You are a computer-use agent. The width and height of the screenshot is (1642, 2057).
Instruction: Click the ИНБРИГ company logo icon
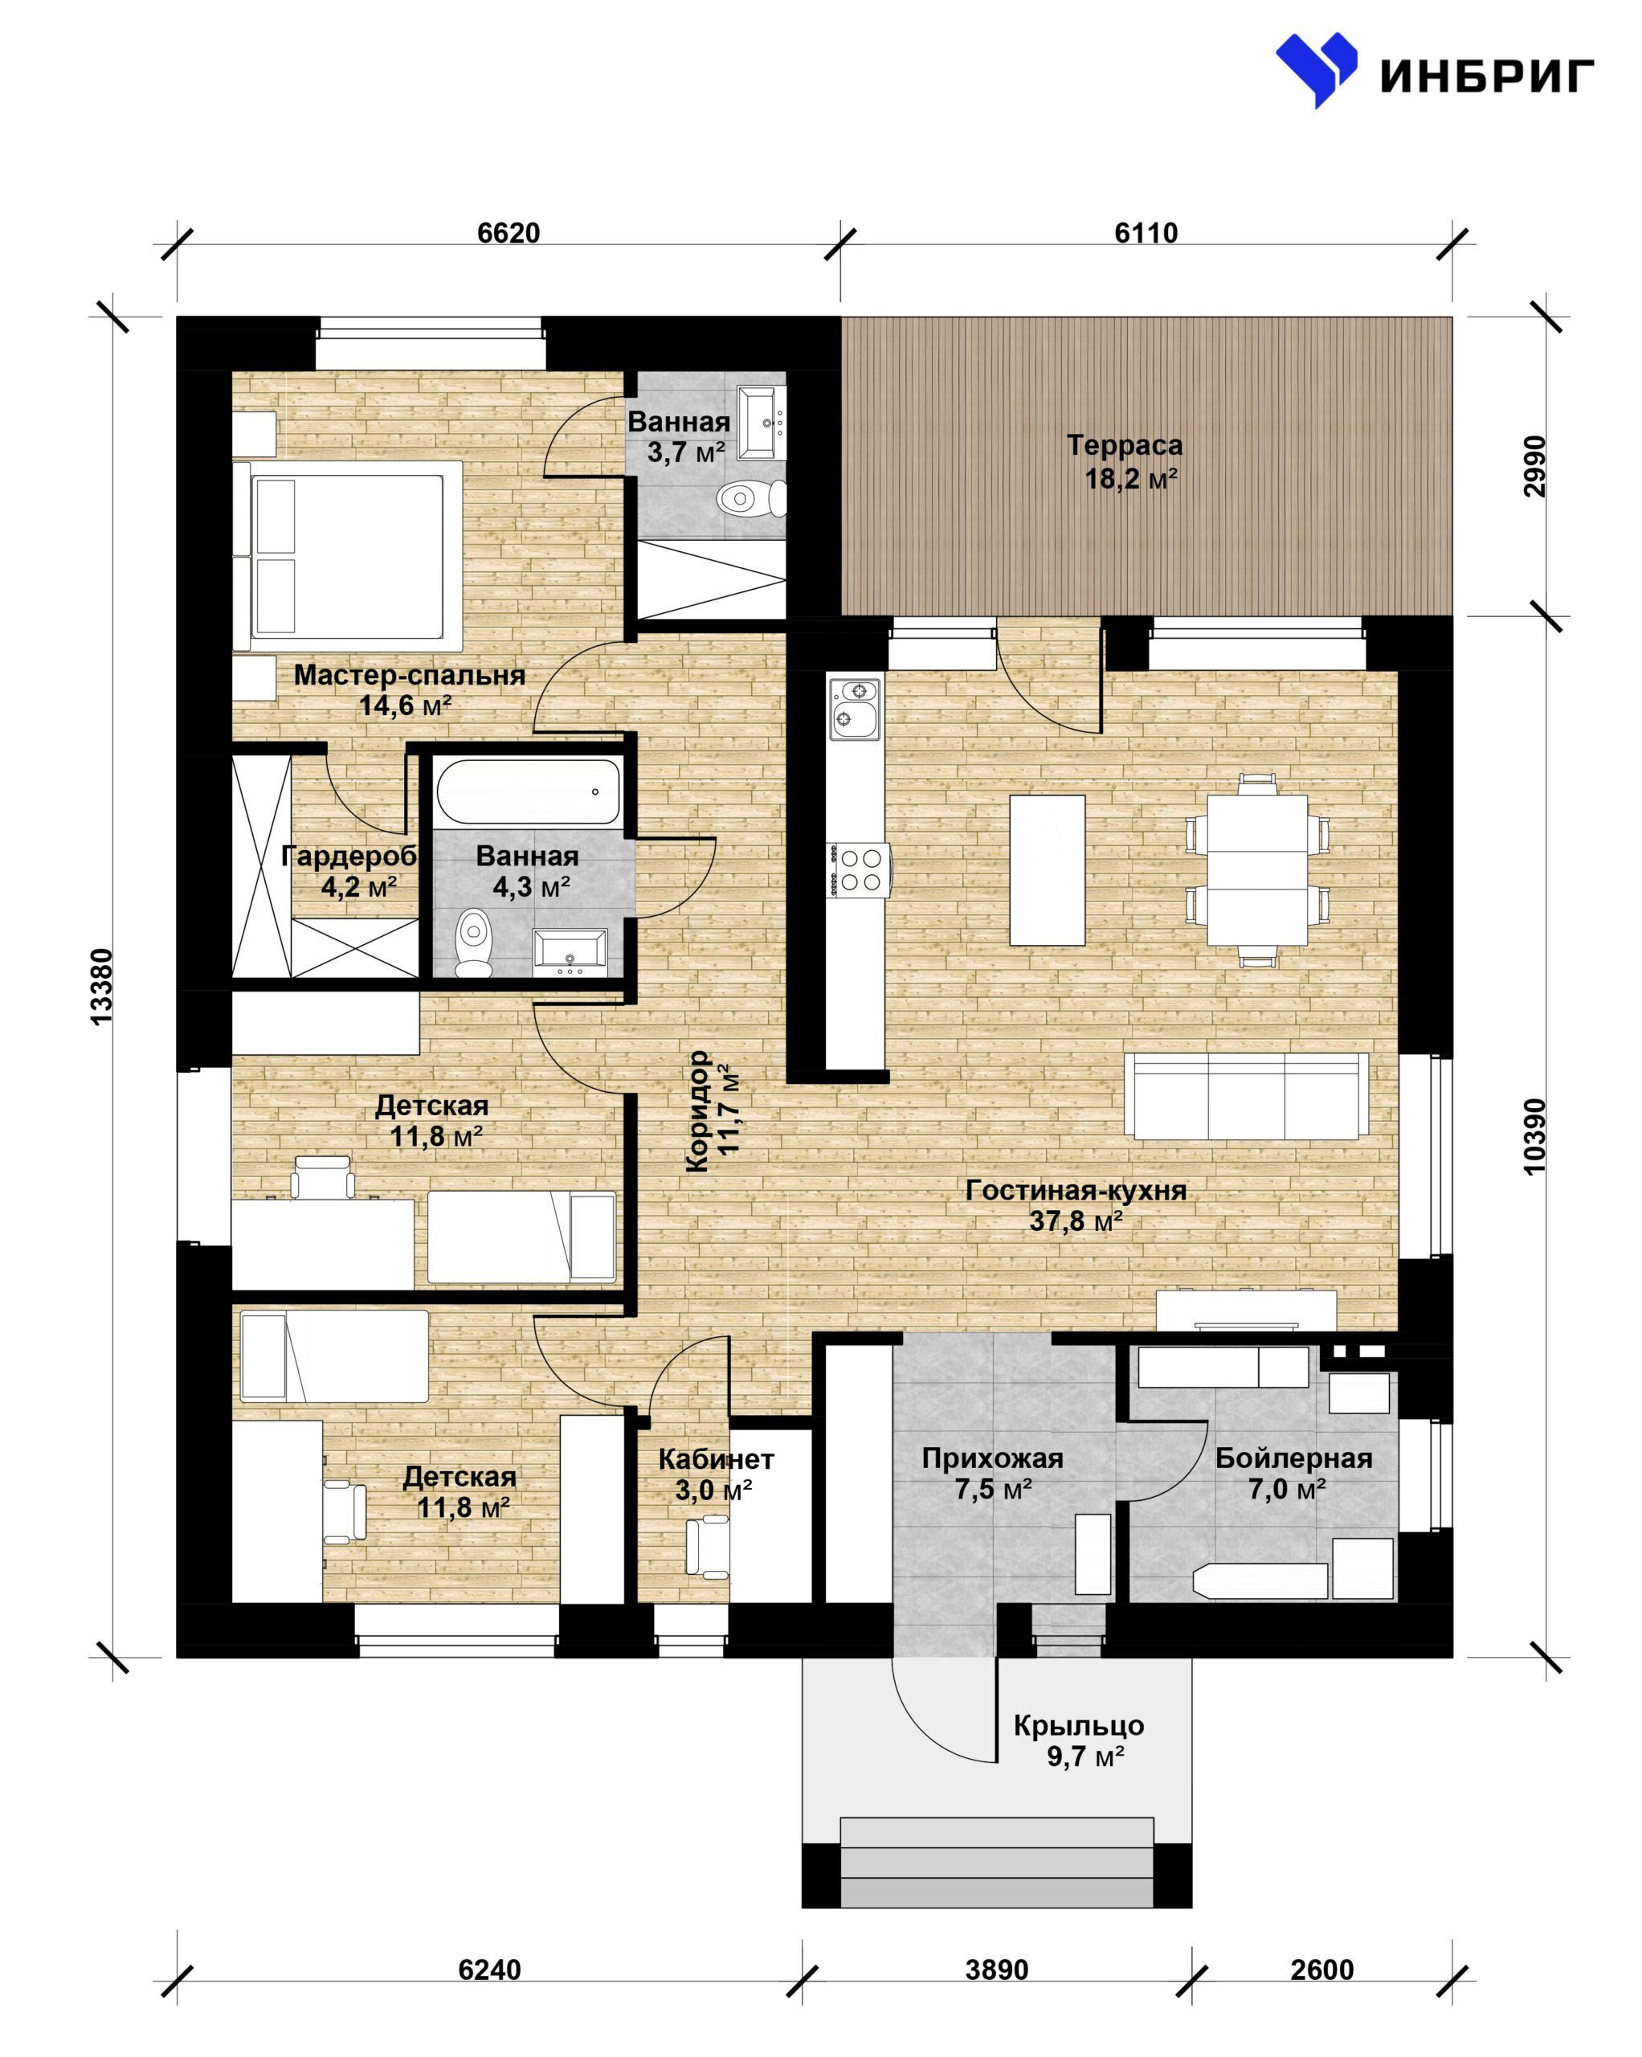[x=1316, y=68]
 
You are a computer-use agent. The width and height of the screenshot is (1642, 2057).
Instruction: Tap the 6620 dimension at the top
[x=509, y=233]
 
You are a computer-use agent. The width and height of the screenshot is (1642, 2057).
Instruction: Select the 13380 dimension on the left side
[x=101, y=987]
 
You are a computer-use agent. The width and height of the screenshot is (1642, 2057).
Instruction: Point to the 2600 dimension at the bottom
[x=1321, y=1969]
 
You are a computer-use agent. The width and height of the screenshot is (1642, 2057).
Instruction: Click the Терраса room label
[x=1124, y=444]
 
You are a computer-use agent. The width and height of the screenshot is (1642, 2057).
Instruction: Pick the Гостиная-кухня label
[x=1076, y=1190]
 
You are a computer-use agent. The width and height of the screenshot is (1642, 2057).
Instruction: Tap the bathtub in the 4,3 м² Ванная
[x=528, y=791]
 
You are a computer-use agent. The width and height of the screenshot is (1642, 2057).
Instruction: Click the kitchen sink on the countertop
[x=853, y=708]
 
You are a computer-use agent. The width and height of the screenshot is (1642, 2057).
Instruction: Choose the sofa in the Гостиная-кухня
[x=1245, y=1095]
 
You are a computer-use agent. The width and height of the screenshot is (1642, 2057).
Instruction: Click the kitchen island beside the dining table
[x=1047, y=870]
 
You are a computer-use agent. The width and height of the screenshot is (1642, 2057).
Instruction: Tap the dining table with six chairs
[x=1256, y=870]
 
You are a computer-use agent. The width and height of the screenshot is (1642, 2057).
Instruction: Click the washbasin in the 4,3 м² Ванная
[x=569, y=951]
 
